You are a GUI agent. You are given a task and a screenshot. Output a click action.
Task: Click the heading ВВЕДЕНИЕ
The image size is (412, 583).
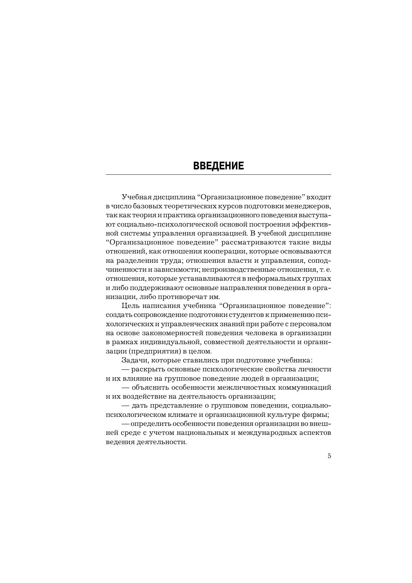coord(218,166)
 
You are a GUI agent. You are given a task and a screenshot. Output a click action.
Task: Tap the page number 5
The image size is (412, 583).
coord(329,456)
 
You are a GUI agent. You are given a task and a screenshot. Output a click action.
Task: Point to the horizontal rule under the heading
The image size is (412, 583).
coord(218,174)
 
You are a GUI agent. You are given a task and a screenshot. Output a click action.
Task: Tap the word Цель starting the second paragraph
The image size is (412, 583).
coord(130,306)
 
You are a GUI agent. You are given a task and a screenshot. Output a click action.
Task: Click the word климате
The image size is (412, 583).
coord(187,415)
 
